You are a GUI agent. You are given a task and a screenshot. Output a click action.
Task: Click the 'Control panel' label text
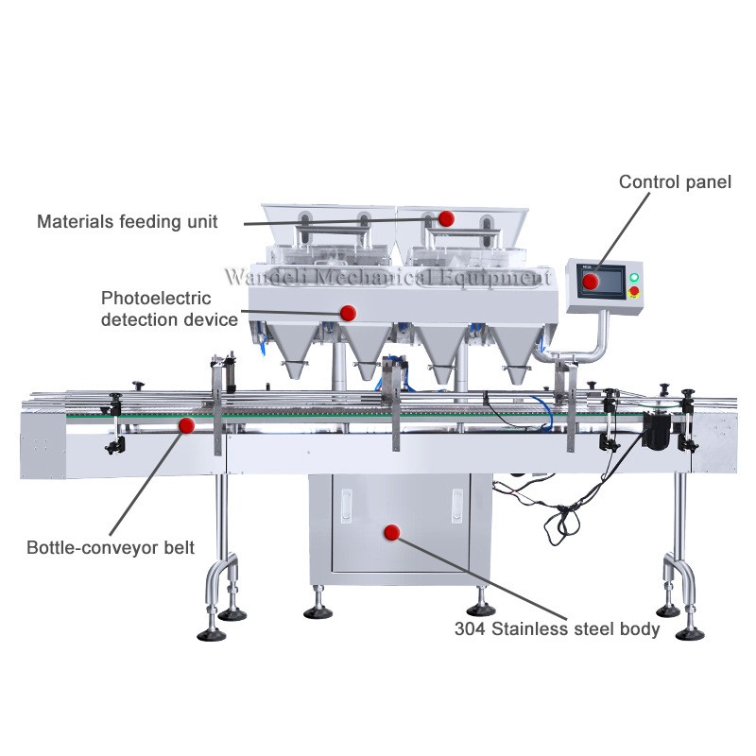pos(675,181)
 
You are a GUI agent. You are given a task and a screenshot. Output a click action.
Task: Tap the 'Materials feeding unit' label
pos(128,222)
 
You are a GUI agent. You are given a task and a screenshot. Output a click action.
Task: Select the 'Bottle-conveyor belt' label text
pos(111,547)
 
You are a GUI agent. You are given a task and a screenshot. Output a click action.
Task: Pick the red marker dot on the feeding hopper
pos(446,218)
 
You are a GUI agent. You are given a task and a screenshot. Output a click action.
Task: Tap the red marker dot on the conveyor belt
pos(187,426)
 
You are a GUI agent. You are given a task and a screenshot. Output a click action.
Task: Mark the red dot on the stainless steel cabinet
pos(391,532)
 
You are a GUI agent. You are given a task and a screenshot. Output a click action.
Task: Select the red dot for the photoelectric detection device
pos(348,312)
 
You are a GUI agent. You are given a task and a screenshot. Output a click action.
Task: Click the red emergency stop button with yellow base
pos(634,291)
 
